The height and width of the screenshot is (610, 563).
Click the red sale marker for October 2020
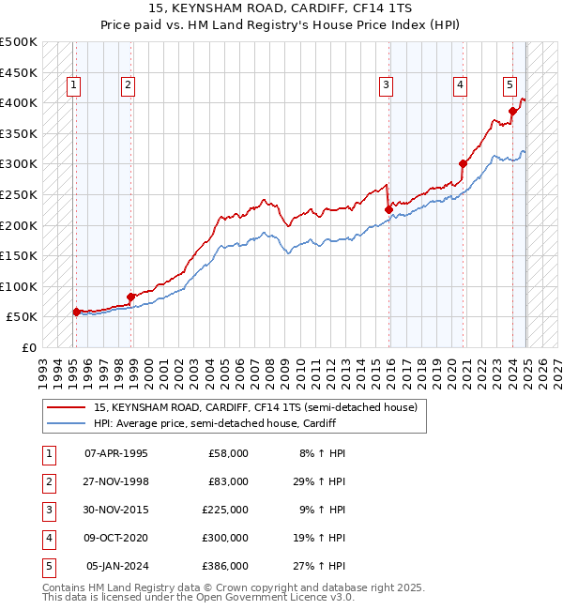pyautogui.click(x=463, y=163)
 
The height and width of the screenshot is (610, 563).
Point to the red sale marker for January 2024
pyautogui.click(x=512, y=111)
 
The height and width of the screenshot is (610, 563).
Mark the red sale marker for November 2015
pyautogui.click(x=388, y=209)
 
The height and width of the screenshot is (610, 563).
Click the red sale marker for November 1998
pyautogui.click(x=130, y=297)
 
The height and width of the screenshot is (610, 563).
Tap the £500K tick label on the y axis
pyautogui.click(x=19, y=42)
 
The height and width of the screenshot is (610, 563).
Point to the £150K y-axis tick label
pyautogui.click(x=19, y=255)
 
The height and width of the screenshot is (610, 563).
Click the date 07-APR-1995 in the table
pyautogui.click(x=116, y=453)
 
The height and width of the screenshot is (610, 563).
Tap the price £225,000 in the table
pyautogui.click(x=225, y=510)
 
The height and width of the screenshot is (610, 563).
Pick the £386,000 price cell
pyautogui.click(x=225, y=566)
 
